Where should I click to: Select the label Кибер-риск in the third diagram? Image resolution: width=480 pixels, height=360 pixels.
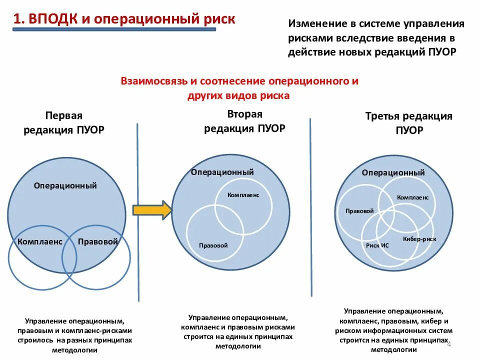[419, 239]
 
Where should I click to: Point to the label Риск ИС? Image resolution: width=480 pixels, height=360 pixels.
[377, 246]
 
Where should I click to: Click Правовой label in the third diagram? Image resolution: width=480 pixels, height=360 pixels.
[359, 211]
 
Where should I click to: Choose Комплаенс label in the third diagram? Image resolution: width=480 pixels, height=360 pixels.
[412, 197]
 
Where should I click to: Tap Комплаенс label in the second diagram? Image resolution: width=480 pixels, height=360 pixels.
[243, 195]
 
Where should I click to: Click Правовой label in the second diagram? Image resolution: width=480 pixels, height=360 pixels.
[213, 245]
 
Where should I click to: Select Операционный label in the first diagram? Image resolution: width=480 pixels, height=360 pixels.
[65, 185]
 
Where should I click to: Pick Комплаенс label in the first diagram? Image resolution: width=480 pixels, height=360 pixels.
[40, 242]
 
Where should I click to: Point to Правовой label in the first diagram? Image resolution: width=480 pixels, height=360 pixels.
[98, 242]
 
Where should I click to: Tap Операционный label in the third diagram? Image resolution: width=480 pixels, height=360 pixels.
[393, 172]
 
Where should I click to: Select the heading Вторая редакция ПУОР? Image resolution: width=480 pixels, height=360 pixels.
[244, 121]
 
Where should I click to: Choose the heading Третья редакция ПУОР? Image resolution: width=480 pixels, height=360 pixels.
[408, 123]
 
